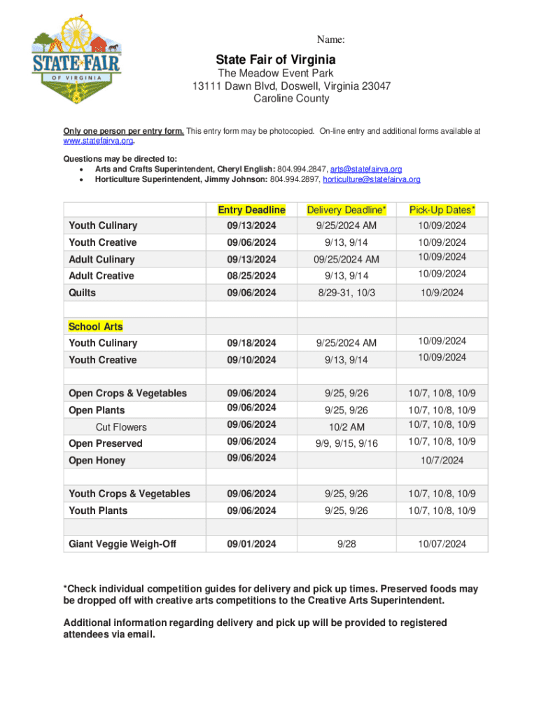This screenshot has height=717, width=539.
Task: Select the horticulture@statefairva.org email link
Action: tap(372, 179)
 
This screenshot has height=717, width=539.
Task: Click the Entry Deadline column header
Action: tap(251, 210)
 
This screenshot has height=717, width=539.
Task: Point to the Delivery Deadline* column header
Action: tap(346, 210)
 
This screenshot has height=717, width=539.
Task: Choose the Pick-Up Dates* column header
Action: tap(442, 210)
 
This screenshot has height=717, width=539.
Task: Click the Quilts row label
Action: tap(83, 293)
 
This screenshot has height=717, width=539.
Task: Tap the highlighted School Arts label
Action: tap(96, 326)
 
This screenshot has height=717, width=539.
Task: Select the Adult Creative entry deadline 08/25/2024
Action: tap(251, 276)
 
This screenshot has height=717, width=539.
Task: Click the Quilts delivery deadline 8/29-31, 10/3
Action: tap(346, 293)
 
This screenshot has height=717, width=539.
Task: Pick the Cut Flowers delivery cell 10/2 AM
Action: tap(346, 427)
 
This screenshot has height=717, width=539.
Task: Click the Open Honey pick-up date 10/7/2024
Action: tap(442, 460)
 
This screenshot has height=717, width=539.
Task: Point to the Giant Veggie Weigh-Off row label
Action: tap(122, 544)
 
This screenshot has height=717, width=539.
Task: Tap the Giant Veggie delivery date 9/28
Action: tap(346, 544)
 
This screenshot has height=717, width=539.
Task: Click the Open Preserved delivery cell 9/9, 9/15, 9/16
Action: tap(346, 443)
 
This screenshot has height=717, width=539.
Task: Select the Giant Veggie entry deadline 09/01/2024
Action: tap(251, 544)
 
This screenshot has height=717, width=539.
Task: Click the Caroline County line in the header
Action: tap(291, 99)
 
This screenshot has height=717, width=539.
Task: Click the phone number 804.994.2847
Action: tap(301, 169)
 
